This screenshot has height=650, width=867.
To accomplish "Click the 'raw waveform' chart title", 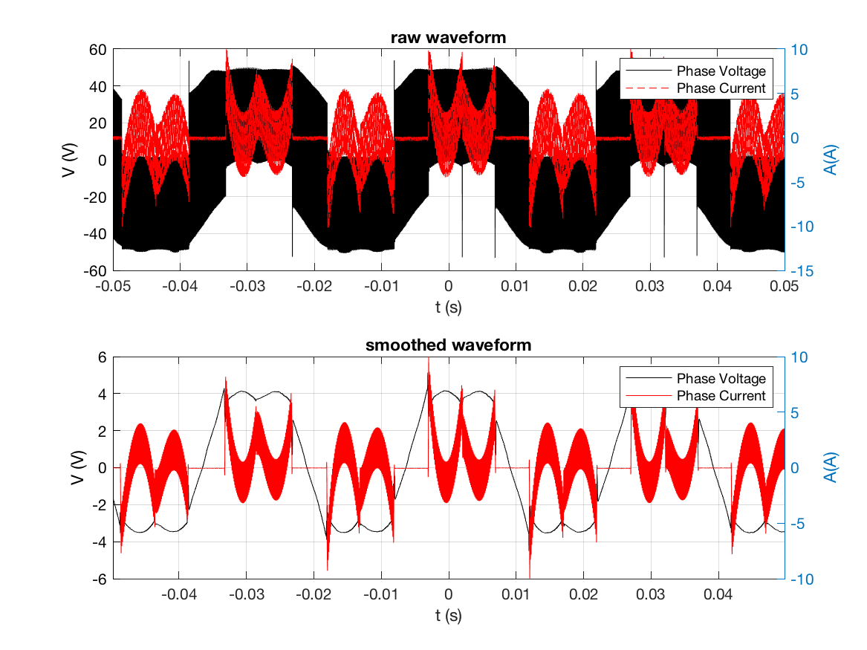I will point(448,37).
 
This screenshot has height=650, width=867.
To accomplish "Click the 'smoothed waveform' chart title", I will point(448,345).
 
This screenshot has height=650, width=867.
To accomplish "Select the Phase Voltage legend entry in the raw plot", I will point(720,71).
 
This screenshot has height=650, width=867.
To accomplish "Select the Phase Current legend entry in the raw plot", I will point(720,88).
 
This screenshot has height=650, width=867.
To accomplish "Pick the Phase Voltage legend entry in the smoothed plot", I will point(720,379).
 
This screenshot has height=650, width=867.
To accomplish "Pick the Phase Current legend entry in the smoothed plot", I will point(720,395).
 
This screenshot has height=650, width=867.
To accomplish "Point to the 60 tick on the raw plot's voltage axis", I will point(98,50).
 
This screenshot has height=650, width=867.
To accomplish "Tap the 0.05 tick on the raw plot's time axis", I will point(784,286).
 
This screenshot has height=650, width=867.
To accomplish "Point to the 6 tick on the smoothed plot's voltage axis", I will point(102,357).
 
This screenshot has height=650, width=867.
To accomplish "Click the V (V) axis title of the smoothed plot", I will point(77,468).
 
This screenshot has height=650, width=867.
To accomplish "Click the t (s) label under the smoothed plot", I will point(448,614).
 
